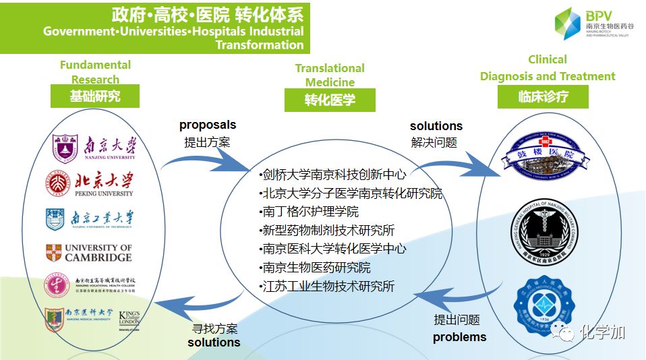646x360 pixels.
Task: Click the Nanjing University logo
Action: [x=94, y=147]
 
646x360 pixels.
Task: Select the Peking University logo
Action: [x=90, y=183]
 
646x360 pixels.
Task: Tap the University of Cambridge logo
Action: [x=89, y=253]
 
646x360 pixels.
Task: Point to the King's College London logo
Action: [x=129, y=319]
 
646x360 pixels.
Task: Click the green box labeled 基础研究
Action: [x=94, y=96]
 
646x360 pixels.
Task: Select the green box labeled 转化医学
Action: [x=330, y=100]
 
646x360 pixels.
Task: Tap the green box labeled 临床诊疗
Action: [x=542, y=96]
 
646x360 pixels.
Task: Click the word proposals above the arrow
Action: [x=208, y=125]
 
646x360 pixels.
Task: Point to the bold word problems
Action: [x=459, y=336]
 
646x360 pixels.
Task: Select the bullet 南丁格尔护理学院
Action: [x=310, y=212]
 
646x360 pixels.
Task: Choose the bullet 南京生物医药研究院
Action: [x=316, y=267]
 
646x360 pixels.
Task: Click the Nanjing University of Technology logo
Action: [x=90, y=218]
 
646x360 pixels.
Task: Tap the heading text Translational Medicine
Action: [x=330, y=75]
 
